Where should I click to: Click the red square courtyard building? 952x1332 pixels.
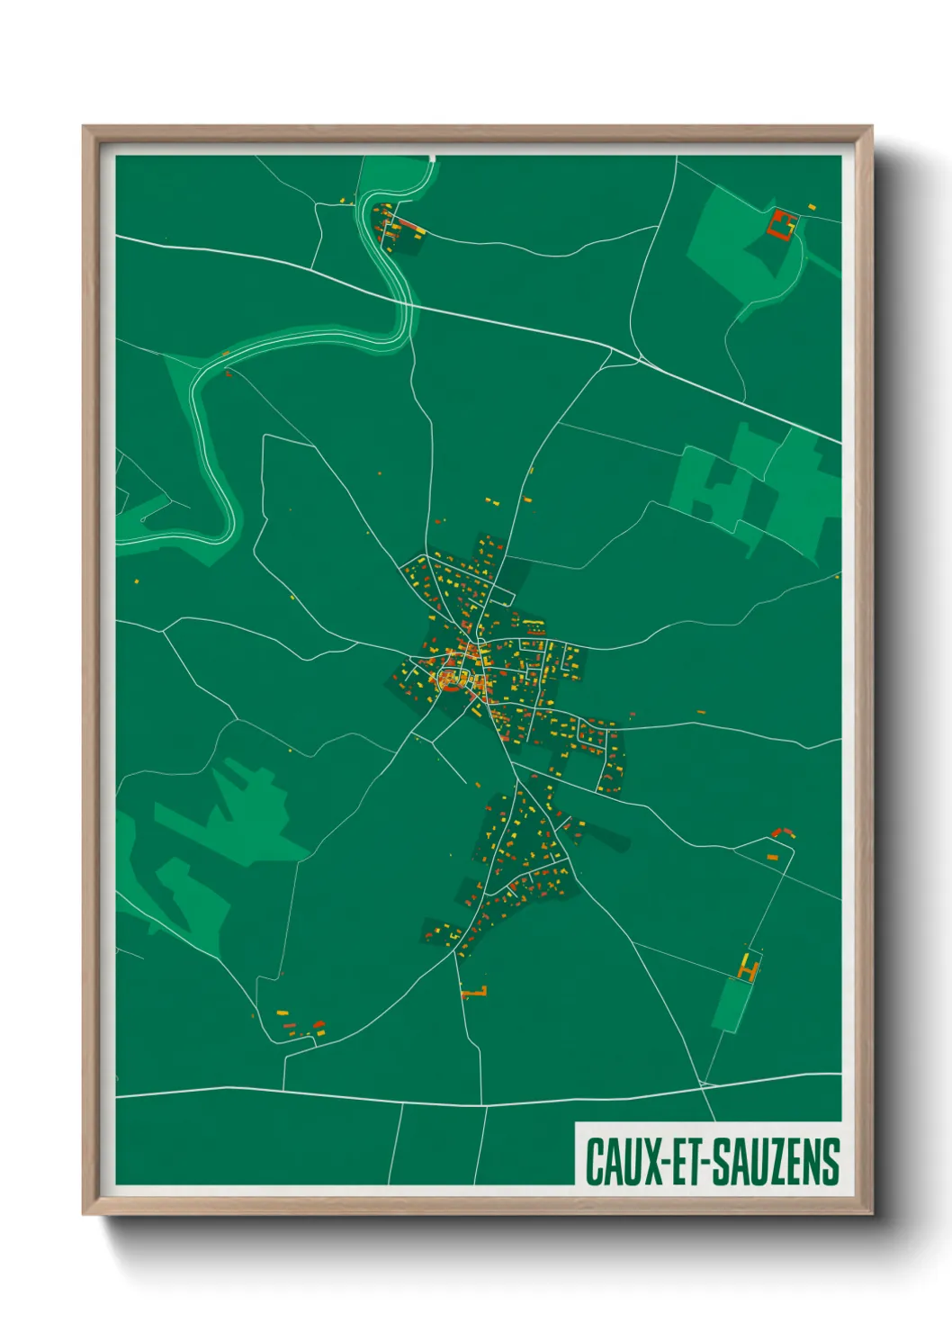coord(783,223)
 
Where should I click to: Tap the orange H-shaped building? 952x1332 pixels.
coord(748,968)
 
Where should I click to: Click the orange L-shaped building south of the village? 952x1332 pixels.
coord(475,993)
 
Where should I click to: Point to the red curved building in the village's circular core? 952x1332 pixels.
coord(449,680)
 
